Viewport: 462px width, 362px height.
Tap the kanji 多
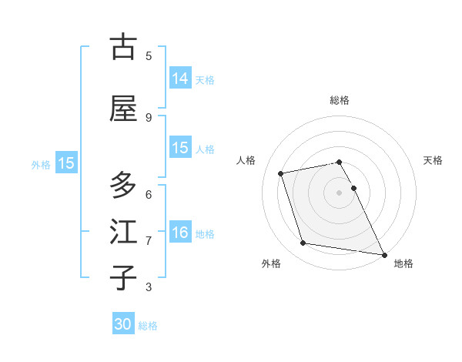pyautogui.click(x=123, y=185)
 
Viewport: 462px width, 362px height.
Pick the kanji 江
pyautogui.click(x=123, y=232)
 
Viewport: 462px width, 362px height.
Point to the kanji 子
pyautogui.click(x=123, y=278)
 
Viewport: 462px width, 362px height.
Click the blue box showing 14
pyautogui.click(x=180, y=79)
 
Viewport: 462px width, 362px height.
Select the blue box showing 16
pyautogui.click(x=180, y=233)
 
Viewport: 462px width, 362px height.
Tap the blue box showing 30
pyautogui.click(x=123, y=324)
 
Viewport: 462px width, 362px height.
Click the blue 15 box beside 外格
pyautogui.click(x=66, y=163)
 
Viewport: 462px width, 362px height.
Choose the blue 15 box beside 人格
pyautogui.click(x=180, y=148)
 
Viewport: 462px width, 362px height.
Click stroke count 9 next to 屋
pyautogui.click(x=149, y=117)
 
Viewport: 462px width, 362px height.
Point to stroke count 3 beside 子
pyautogui.click(x=149, y=287)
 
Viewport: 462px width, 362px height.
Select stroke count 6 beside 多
pyautogui.click(x=149, y=194)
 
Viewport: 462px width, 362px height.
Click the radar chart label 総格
pyautogui.click(x=340, y=100)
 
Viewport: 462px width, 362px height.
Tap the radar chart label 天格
pyautogui.click(x=434, y=160)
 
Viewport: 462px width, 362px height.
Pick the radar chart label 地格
pyautogui.click(x=403, y=263)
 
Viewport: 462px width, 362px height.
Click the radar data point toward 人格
pyautogui.click(x=281, y=173)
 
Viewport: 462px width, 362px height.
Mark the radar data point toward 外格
pyautogui.click(x=303, y=243)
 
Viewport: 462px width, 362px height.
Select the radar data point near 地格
pyautogui.click(x=383, y=253)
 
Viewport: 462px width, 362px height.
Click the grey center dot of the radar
pyautogui.click(x=340, y=192)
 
